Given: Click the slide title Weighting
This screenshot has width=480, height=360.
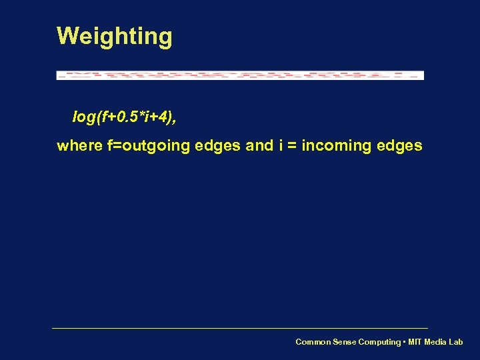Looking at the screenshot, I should (x=115, y=36).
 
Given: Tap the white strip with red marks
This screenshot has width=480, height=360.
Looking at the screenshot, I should (x=240, y=75).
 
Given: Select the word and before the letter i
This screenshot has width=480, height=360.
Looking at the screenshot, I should (x=259, y=145).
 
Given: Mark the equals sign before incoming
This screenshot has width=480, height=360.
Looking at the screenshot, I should (x=292, y=146).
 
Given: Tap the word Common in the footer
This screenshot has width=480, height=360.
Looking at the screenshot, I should (x=312, y=342).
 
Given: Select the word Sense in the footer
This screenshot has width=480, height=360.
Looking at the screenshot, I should (x=343, y=342).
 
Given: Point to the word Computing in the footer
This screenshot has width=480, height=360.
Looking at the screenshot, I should (x=379, y=342).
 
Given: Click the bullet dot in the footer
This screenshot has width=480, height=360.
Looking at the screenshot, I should (x=403, y=342).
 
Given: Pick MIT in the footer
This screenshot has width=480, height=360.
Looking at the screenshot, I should (x=414, y=342).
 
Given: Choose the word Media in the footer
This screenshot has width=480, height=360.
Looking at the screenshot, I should (x=435, y=342).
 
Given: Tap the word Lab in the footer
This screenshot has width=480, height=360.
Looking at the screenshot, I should (x=455, y=342).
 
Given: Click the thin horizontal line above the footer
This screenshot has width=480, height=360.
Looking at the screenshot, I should (x=240, y=328).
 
